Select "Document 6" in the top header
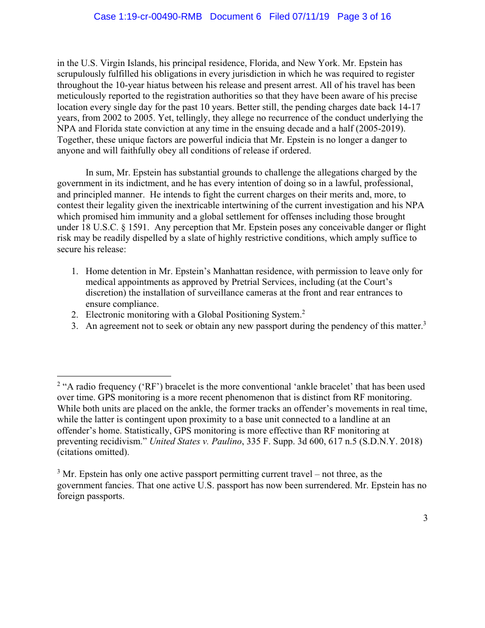pos(236,17)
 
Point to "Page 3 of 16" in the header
pos(364,17)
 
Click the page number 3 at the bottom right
pos(425,518)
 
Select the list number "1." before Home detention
pos(75,271)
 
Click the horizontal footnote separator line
pos(114,376)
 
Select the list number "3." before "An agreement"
pos(75,326)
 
